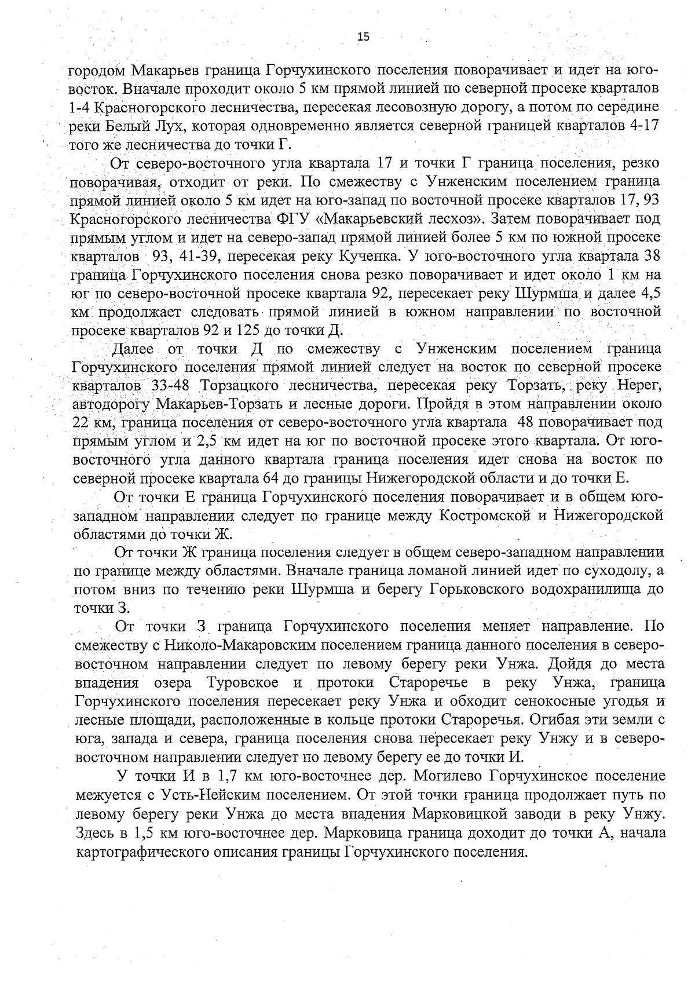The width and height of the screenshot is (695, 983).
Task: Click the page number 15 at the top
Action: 363,37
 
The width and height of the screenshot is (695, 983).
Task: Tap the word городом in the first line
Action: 94,71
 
